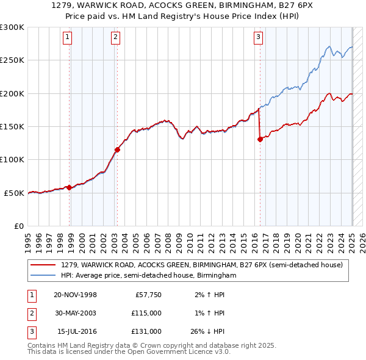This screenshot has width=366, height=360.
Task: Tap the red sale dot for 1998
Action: (x=70, y=187)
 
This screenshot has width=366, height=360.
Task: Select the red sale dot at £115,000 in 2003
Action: (x=118, y=149)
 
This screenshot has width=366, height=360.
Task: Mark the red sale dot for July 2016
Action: (x=260, y=139)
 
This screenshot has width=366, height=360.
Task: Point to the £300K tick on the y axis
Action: (x=12, y=27)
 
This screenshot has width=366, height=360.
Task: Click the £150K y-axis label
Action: (x=12, y=126)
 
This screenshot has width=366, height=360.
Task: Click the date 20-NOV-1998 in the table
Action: (x=76, y=295)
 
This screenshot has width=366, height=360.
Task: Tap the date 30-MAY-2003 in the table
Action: (x=76, y=313)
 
